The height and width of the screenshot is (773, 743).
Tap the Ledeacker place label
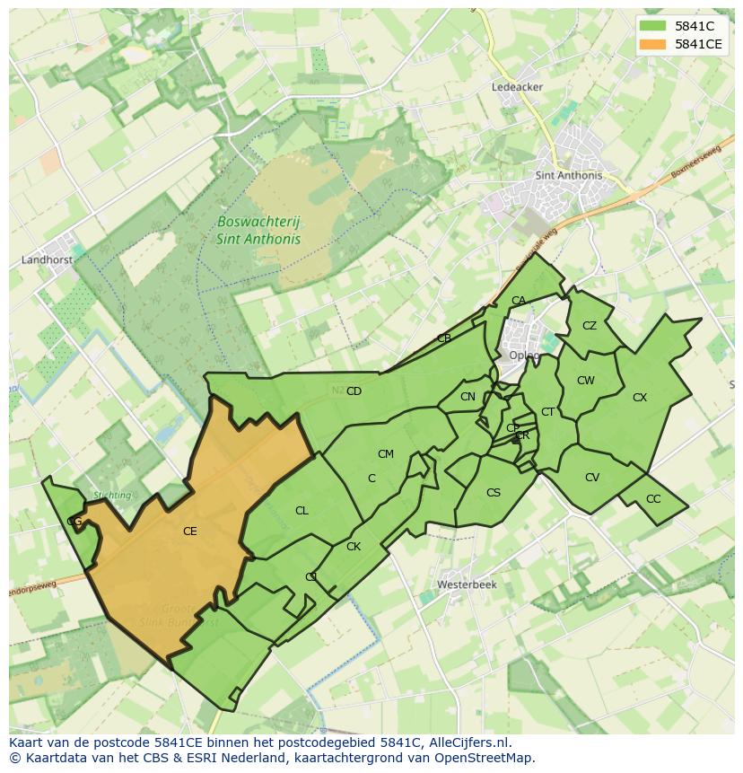(x=518, y=87)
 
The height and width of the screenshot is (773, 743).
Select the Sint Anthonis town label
(x=568, y=176)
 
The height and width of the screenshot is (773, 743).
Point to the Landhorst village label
(x=46, y=260)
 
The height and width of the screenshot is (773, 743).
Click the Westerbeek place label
(x=467, y=584)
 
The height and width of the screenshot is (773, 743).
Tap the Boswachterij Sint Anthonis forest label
(x=246, y=230)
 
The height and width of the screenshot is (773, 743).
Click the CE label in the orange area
(x=189, y=531)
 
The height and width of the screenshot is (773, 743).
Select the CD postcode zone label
(x=354, y=391)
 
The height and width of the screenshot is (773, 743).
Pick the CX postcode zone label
(x=640, y=397)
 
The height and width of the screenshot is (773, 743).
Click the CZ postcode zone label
(x=590, y=326)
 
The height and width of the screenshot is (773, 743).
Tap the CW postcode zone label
(x=586, y=381)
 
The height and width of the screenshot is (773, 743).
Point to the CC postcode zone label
(x=653, y=499)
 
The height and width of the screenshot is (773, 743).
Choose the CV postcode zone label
(x=592, y=478)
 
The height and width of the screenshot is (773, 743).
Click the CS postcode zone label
(x=494, y=493)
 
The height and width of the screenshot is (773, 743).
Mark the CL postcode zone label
(x=302, y=511)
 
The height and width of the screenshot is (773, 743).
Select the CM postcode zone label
(x=386, y=454)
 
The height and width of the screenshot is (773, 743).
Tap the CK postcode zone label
(x=354, y=547)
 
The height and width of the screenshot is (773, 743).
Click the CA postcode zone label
(x=519, y=301)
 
